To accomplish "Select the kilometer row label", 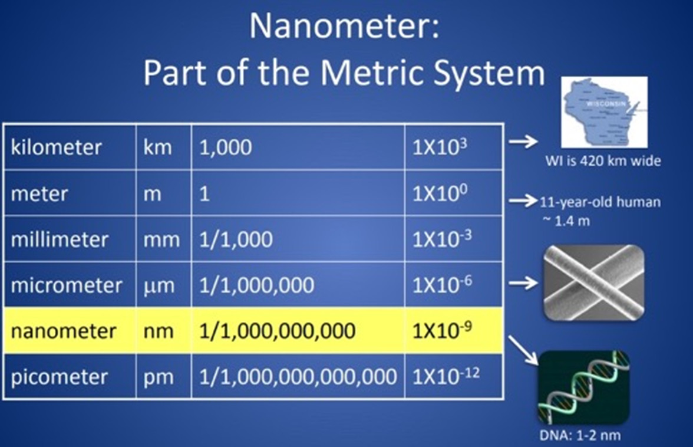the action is click(x=56, y=147).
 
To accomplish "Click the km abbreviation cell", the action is click(x=157, y=147).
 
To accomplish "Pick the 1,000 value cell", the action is click(x=225, y=147).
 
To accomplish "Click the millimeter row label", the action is click(x=60, y=239).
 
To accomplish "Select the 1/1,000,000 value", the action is click(x=257, y=285).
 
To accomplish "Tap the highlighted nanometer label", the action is click(x=64, y=331).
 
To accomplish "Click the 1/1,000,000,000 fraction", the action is click(x=277, y=331).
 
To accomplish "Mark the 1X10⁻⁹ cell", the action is click(x=442, y=330).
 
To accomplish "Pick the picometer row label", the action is click(x=59, y=377).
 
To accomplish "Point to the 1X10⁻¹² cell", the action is click(x=446, y=376).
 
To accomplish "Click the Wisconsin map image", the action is click(x=604, y=112).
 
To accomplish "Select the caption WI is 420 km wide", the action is click(x=603, y=160).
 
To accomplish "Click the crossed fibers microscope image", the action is click(x=593, y=282).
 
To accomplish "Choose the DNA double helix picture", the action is click(x=583, y=387).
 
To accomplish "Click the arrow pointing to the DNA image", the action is click(x=523, y=350).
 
